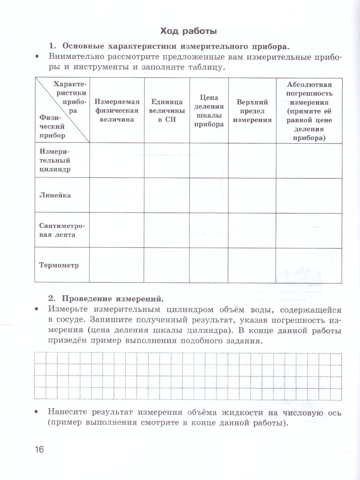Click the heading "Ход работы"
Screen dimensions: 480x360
click(x=188, y=31)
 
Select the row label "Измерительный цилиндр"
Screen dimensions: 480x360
click(x=55, y=160)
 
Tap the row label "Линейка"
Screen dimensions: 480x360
click(x=55, y=195)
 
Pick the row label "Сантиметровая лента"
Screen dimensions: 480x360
click(x=58, y=230)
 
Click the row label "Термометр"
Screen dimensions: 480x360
click(x=59, y=265)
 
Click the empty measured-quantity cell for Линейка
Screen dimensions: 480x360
click(x=117, y=195)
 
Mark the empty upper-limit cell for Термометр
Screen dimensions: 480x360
click(x=252, y=265)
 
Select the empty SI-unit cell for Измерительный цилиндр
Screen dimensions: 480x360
click(x=167, y=160)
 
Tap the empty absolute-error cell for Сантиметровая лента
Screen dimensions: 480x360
click(x=309, y=230)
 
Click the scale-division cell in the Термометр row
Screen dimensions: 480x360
click(x=209, y=265)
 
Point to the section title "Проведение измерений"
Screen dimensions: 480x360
click(x=111, y=298)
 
